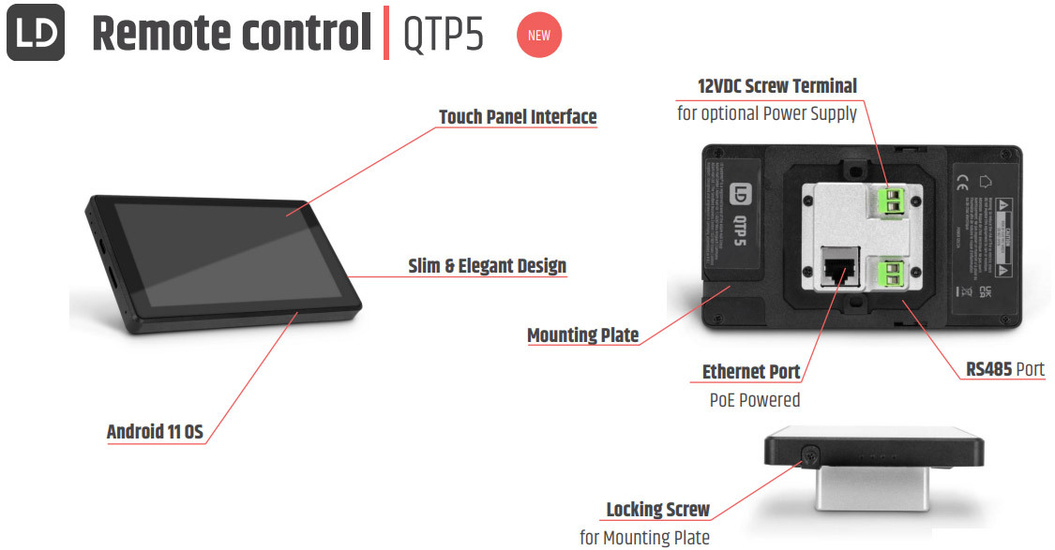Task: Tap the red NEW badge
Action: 539,36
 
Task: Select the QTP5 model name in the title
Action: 444,35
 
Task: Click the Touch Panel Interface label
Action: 518,117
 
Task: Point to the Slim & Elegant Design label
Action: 487,266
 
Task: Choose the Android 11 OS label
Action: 155,432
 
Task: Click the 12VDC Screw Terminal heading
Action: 776,86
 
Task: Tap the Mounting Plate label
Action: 582,335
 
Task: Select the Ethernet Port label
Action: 751,372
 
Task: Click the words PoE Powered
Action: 754,400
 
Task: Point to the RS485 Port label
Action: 1005,369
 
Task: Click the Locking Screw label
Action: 657,511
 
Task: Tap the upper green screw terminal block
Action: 892,200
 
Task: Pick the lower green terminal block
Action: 891,274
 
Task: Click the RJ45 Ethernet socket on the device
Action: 838,268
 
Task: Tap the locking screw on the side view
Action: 808,456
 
